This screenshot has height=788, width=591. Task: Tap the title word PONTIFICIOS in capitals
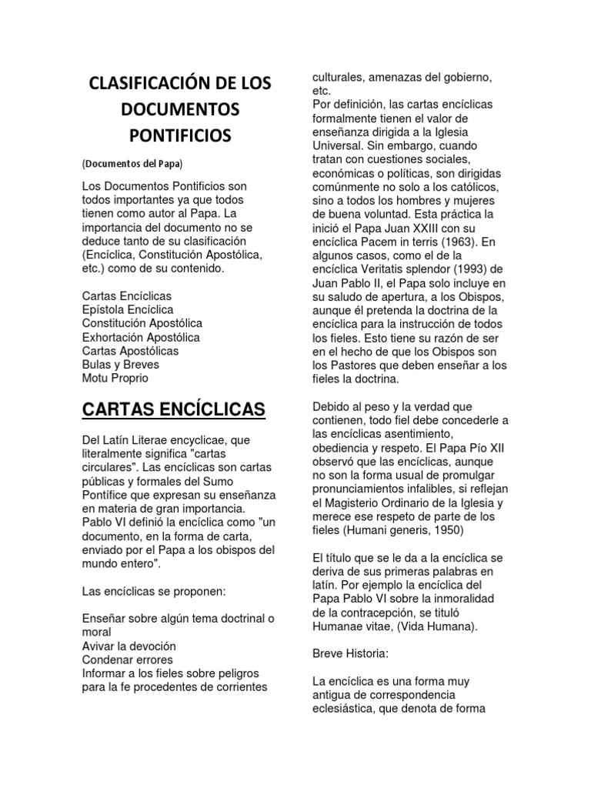179,135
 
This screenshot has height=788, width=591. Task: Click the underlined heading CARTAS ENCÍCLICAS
173,409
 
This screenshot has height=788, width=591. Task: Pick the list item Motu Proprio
115,379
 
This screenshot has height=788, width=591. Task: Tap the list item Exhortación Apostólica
141,337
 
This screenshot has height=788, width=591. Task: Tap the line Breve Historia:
352,654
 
